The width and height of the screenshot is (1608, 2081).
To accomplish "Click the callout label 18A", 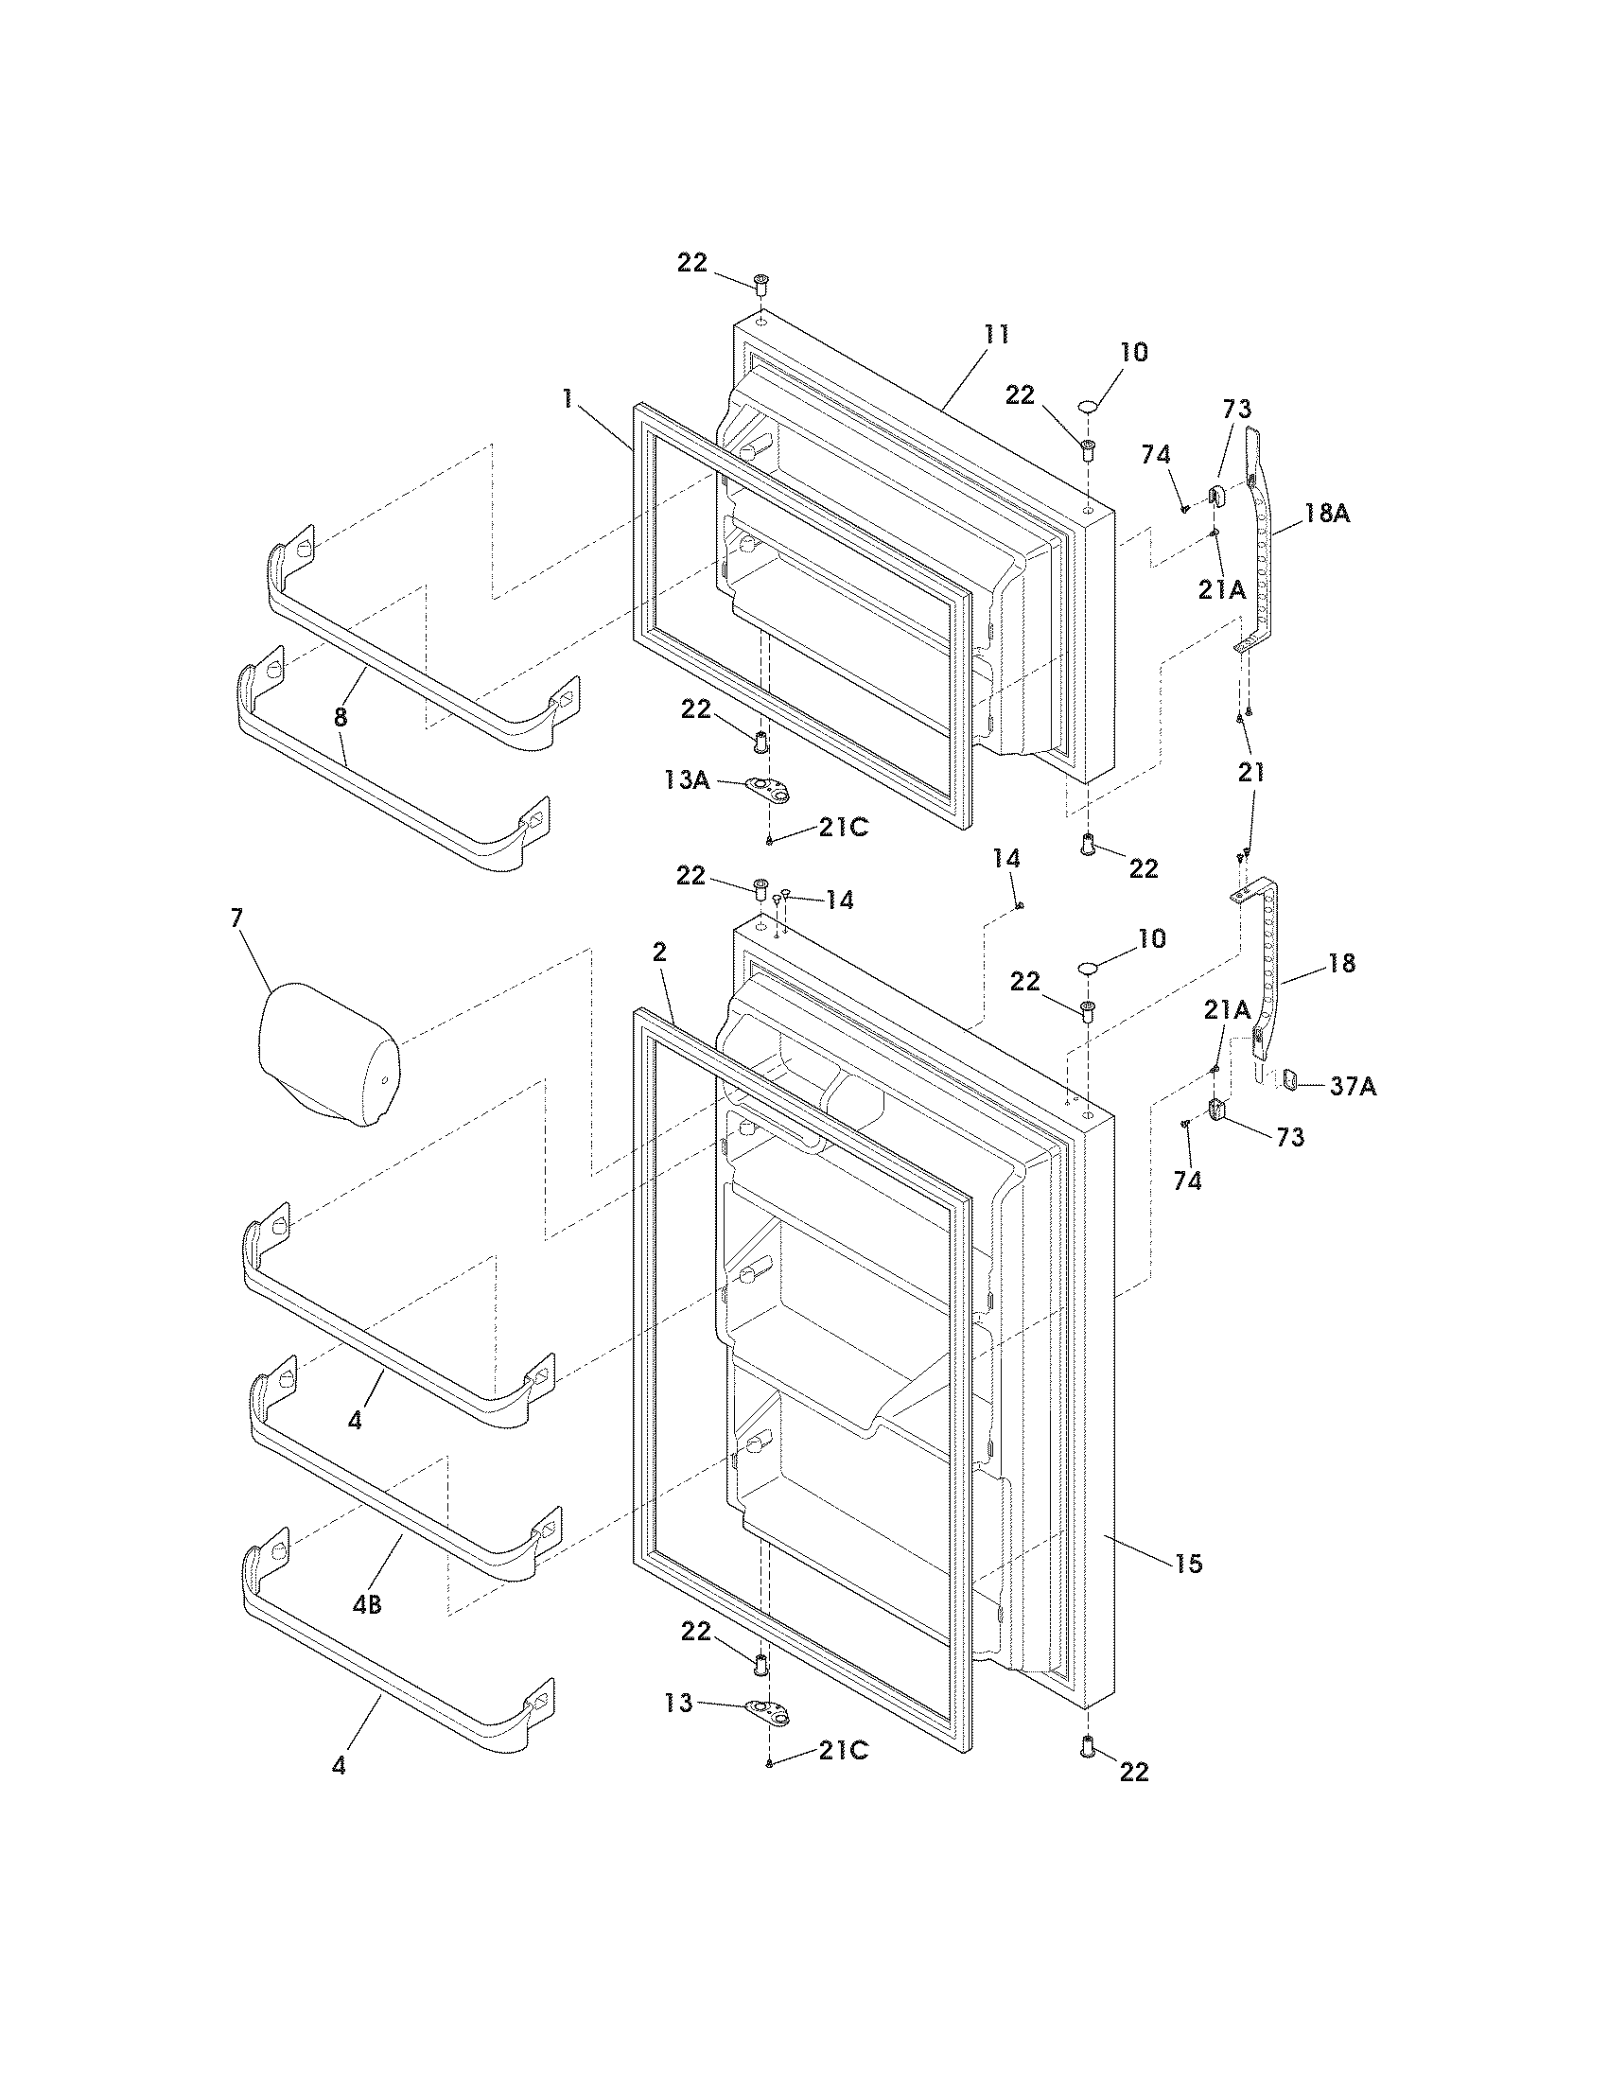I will point(1327,513).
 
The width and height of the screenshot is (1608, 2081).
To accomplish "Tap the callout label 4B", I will point(367,1604).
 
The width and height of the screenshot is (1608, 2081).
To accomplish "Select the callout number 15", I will point(1189,1563).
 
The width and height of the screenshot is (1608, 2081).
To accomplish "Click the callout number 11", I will point(996,335).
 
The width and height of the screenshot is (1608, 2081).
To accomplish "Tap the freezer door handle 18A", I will point(1259,552).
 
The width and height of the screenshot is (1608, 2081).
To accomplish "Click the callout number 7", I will point(236,918).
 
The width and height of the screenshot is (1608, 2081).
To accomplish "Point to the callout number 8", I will point(341,717).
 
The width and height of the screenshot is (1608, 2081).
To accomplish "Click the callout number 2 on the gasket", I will point(659,952).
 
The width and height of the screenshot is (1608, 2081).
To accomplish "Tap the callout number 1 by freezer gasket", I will point(568,399).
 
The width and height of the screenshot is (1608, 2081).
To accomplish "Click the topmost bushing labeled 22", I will point(760,283).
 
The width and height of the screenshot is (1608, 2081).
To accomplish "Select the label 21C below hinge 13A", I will point(843,828).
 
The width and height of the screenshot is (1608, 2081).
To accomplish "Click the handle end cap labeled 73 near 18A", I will point(1216,493).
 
